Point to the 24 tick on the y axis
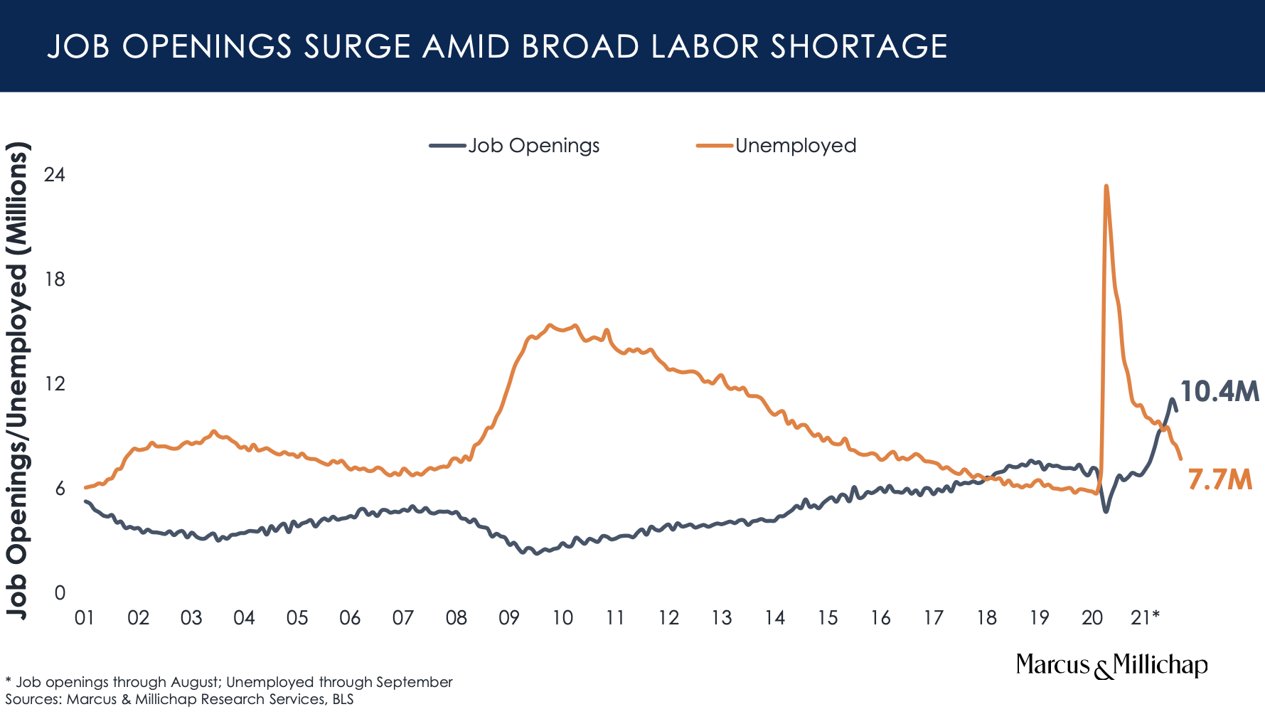[55, 175]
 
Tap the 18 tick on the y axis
[55, 280]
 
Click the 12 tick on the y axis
[55, 384]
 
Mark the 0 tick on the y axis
[60, 593]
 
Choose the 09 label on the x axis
[509, 617]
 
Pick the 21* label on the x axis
[1145, 617]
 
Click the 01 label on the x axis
[85, 617]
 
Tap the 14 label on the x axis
[774, 617]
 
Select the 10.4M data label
[1219, 392]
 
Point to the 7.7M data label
[1219, 481]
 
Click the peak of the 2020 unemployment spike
[1106, 186]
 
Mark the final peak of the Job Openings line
[1171, 399]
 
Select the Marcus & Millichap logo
[1111, 666]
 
